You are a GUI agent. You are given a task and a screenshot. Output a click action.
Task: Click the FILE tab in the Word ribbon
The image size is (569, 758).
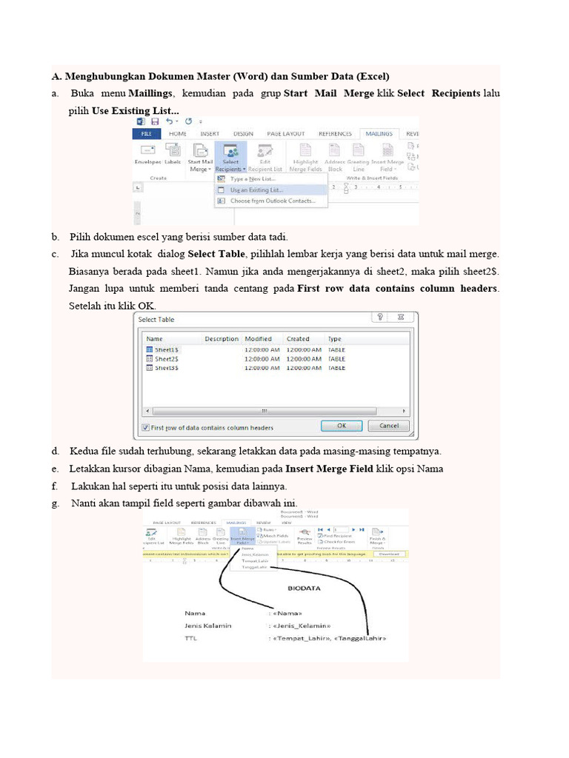[x=146, y=134]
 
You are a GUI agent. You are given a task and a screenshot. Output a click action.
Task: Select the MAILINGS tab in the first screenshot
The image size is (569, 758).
[x=380, y=134]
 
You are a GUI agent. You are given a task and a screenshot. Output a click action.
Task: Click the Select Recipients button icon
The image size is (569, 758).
[x=230, y=151]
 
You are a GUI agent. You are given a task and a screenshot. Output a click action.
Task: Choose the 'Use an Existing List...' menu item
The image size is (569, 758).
[x=256, y=189]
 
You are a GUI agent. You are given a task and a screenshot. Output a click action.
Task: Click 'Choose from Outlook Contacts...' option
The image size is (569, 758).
[x=271, y=201]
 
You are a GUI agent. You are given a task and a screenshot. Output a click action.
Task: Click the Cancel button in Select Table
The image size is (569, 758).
[x=389, y=426]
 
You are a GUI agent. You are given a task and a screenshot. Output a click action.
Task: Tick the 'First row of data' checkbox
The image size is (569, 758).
[x=145, y=427]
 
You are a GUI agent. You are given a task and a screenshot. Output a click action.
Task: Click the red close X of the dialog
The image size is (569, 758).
[x=402, y=318]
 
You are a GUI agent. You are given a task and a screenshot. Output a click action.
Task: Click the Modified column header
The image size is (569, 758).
[x=258, y=339]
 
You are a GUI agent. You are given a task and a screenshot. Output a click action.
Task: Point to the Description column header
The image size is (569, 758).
[x=222, y=339]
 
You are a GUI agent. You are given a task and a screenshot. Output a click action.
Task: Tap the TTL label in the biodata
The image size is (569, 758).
[x=192, y=637]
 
